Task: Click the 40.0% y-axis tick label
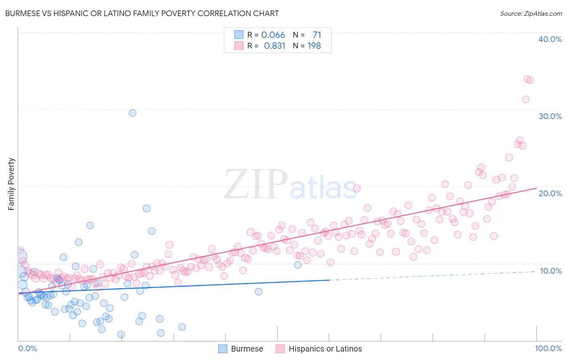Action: point(550,39)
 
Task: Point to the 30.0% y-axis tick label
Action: point(550,116)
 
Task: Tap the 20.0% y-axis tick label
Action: point(550,193)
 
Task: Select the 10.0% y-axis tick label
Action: point(550,271)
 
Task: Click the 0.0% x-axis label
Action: point(27,348)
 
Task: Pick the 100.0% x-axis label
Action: point(548,348)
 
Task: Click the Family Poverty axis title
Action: point(11,184)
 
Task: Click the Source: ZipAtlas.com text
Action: point(531,13)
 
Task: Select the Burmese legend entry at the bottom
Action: point(241,349)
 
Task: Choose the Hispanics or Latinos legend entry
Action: point(319,349)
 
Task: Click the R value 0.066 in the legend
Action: point(273,35)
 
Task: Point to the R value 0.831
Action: point(274,46)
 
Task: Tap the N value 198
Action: point(314,46)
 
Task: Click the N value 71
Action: point(317,35)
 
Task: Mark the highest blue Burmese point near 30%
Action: point(132,113)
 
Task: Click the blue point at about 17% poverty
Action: point(146,208)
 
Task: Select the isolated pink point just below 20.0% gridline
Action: point(356,188)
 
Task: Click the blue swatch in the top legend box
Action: point(239,35)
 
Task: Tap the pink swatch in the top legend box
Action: point(239,46)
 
